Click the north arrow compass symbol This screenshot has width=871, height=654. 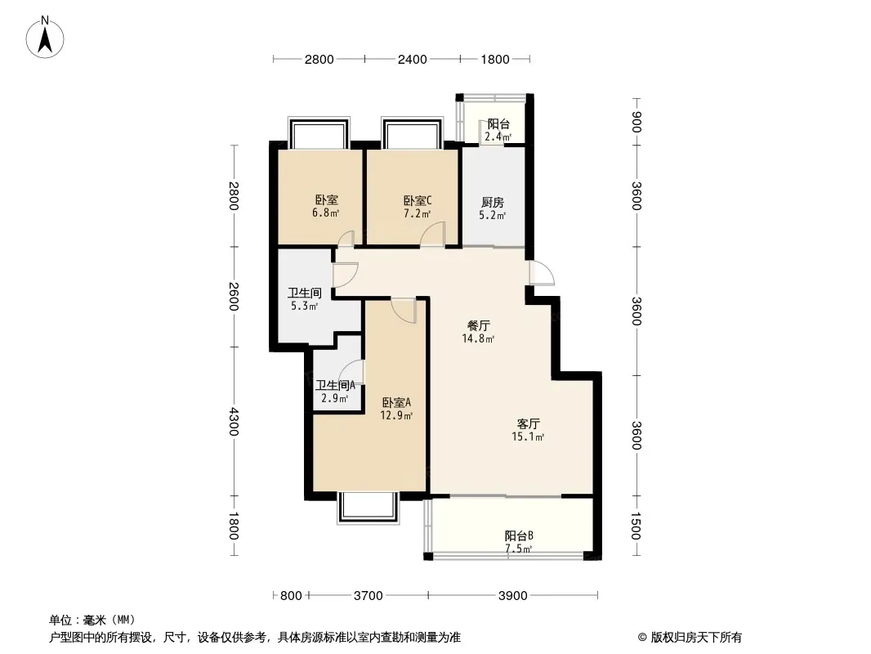tap(45, 38)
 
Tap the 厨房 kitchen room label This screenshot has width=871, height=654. tap(493, 202)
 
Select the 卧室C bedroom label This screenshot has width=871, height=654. tap(418, 200)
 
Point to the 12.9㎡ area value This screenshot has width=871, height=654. tap(396, 415)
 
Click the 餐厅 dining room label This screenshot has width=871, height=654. tap(478, 325)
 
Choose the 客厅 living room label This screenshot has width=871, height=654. tap(528, 424)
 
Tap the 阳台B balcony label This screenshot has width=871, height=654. tap(519, 535)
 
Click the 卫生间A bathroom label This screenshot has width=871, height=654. tap(335, 384)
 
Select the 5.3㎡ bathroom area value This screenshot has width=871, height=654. tap(305, 306)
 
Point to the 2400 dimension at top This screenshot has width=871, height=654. tap(412, 59)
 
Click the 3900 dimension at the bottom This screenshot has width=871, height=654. tap(512, 596)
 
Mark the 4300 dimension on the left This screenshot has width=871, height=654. tap(234, 422)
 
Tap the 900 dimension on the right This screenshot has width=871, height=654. tap(636, 123)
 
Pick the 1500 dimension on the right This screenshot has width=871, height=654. tap(636, 526)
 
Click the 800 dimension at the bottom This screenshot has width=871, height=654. tap(291, 596)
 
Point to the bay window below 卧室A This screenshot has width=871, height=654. tap(368, 508)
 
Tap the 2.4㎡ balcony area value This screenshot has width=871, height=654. tap(498, 137)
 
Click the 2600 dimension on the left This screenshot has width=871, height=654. tap(234, 297)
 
